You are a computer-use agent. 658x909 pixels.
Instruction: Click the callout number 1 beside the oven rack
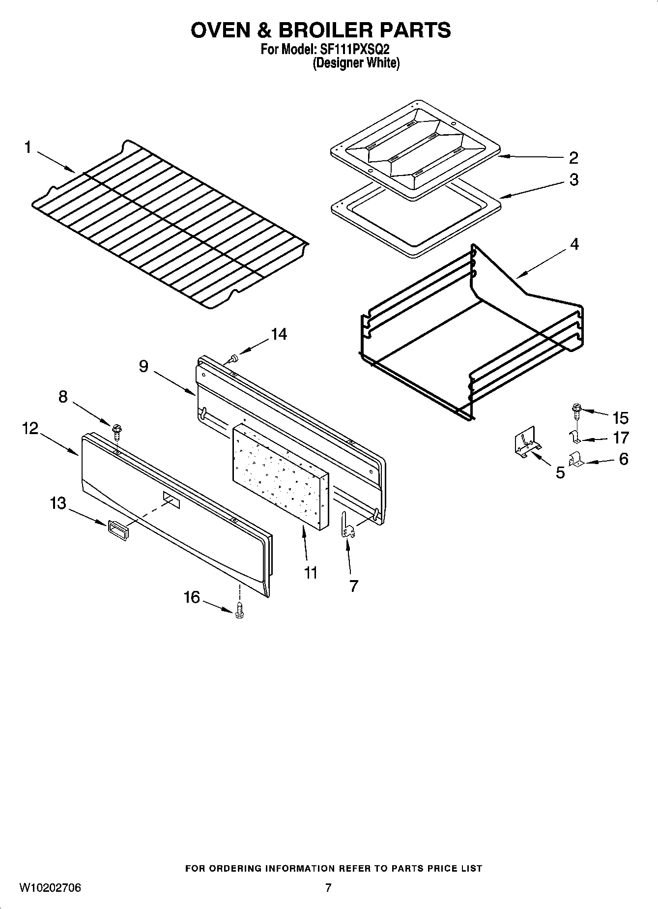coord(28,147)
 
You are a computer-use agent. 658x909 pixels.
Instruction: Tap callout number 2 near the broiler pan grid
coord(573,158)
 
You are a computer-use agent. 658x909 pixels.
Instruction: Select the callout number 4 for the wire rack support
coord(574,244)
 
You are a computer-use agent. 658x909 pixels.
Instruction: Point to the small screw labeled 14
coord(234,358)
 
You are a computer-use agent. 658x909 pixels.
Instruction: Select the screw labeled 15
coord(576,411)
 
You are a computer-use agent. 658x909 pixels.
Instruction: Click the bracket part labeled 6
coord(575,461)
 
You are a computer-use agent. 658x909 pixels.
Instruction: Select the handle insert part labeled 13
coord(117,530)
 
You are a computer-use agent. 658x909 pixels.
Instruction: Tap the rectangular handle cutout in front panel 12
coord(172,499)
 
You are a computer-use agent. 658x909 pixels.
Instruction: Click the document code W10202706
coord(50,888)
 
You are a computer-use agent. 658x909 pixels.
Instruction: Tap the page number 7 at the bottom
coord(328,888)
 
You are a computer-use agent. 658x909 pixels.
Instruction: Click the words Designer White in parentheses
coord(356,63)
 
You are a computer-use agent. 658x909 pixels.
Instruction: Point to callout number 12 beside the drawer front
coord(30,428)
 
